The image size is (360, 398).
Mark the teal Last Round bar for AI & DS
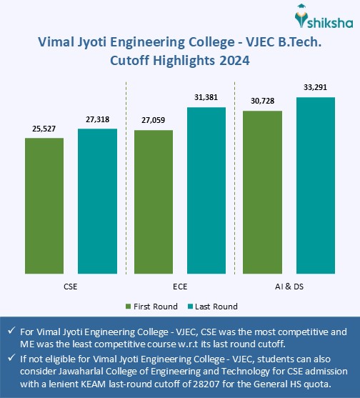click(x=315, y=186)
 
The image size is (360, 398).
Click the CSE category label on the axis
click(x=71, y=286)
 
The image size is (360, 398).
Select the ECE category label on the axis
click(x=179, y=286)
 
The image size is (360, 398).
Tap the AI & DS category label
click(x=289, y=286)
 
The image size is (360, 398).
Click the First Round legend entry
click(x=152, y=307)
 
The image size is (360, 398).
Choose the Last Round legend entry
click(x=214, y=307)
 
